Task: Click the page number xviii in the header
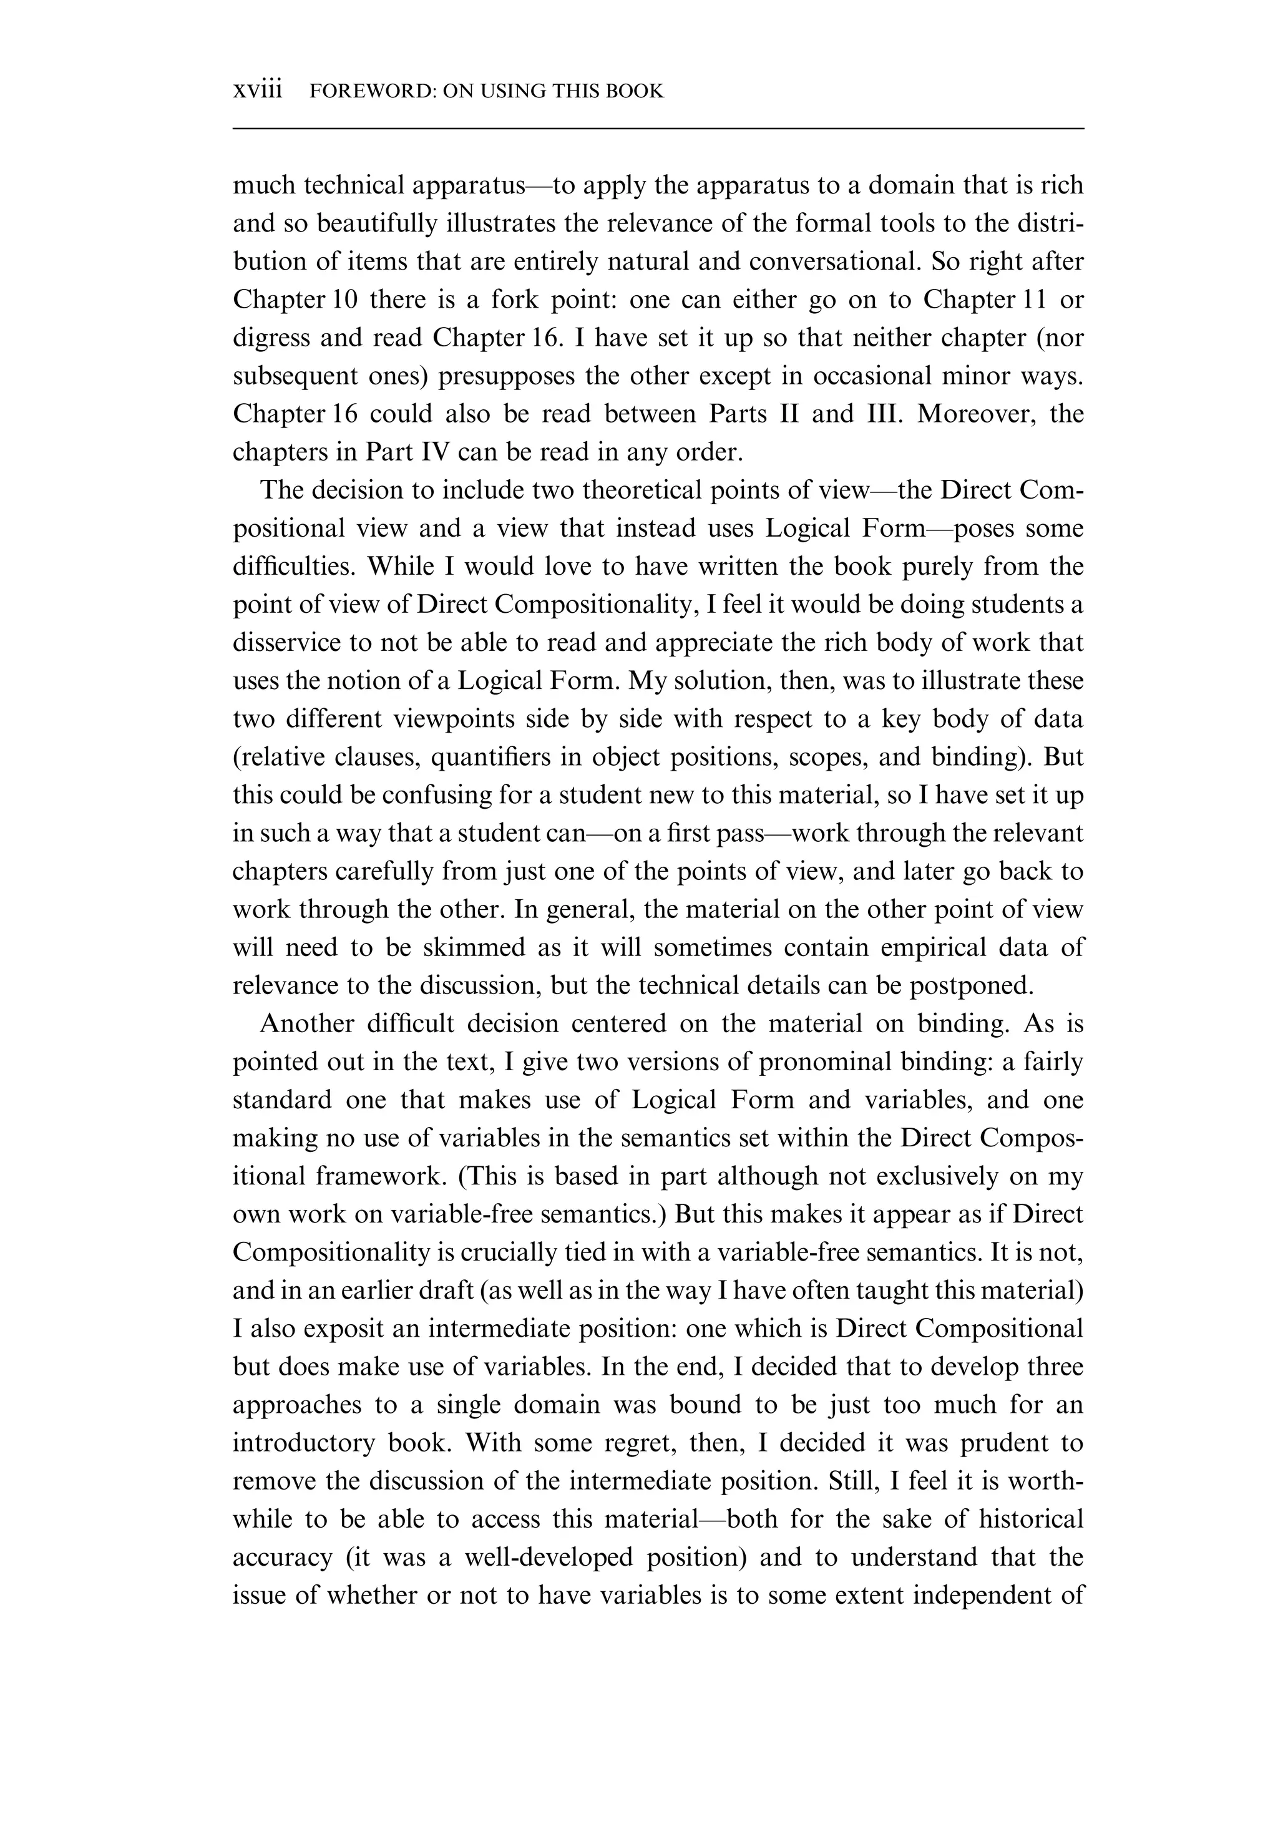[257, 90]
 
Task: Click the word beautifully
[377, 223]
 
